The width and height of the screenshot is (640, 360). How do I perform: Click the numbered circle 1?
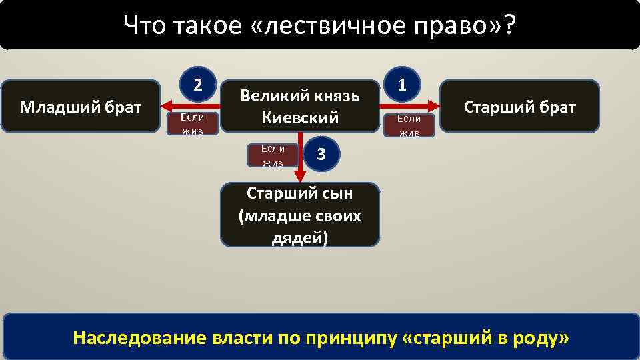point(403,84)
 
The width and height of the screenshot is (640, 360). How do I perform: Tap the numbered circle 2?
point(197,84)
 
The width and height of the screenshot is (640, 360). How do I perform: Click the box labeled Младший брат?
point(81,106)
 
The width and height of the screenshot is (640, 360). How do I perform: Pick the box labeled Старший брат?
point(519,107)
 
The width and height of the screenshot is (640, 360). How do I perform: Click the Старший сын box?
point(300,215)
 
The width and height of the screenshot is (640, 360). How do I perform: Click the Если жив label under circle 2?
point(191,123)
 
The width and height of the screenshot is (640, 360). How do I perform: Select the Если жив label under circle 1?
point(409,125)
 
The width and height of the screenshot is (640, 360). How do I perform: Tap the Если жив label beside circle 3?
point(273,155)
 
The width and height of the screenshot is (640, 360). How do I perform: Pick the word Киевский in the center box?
point(300,117)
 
